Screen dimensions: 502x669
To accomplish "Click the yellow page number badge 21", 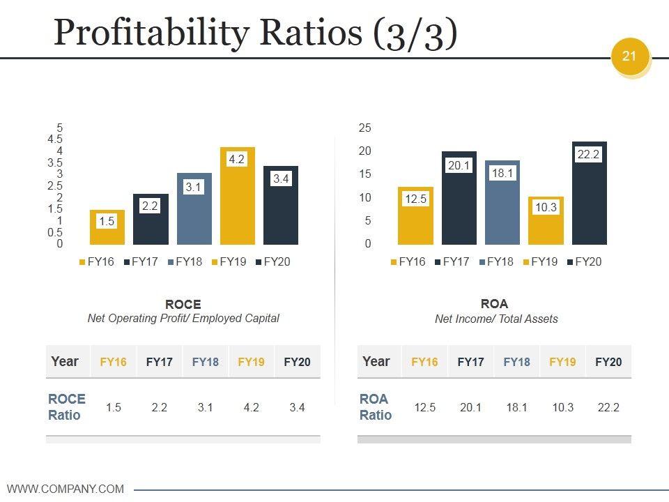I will tap(629, 56).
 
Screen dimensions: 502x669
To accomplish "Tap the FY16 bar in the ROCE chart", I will tap(107, 227).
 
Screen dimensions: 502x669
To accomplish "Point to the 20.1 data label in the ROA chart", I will tap(459, 166).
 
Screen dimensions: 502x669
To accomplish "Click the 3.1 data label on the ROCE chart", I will tap(194, 187).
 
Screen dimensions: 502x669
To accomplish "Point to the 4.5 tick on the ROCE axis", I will tap(55, 139).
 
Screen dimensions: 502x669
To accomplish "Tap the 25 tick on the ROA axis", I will tap(365, 128).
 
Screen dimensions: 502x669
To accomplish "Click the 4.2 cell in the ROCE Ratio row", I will tap(251, 407).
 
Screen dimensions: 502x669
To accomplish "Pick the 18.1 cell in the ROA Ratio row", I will tap(516, 407).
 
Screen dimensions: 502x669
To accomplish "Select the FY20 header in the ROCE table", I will tap(297, 362).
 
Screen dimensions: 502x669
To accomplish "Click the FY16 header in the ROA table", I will tap(424, 362).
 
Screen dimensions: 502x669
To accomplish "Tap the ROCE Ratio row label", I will tap(67, 407).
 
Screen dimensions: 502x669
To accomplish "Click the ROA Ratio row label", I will tap(376, 407).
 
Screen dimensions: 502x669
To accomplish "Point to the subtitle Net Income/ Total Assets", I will tap(496, 319).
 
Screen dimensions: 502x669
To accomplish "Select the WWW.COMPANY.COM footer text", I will tap(66, 489).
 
